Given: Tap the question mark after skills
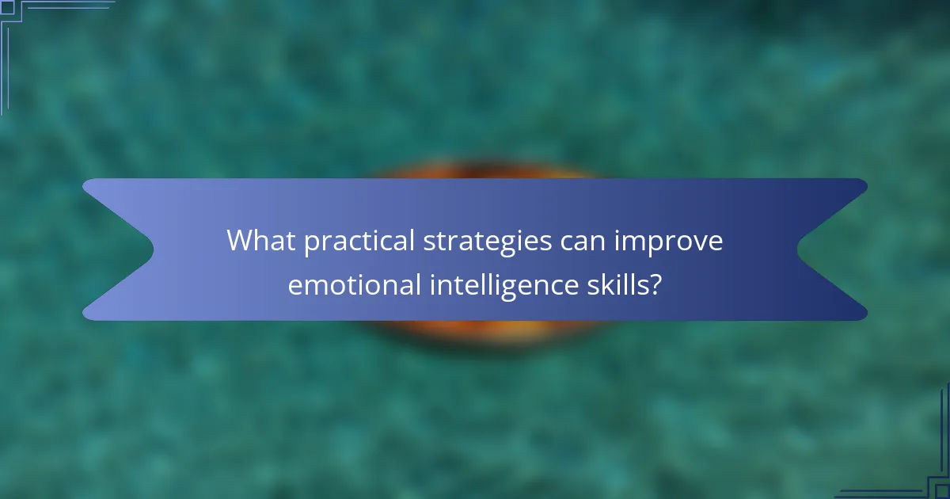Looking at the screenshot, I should click(655, 284).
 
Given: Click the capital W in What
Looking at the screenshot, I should click(240, 241).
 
